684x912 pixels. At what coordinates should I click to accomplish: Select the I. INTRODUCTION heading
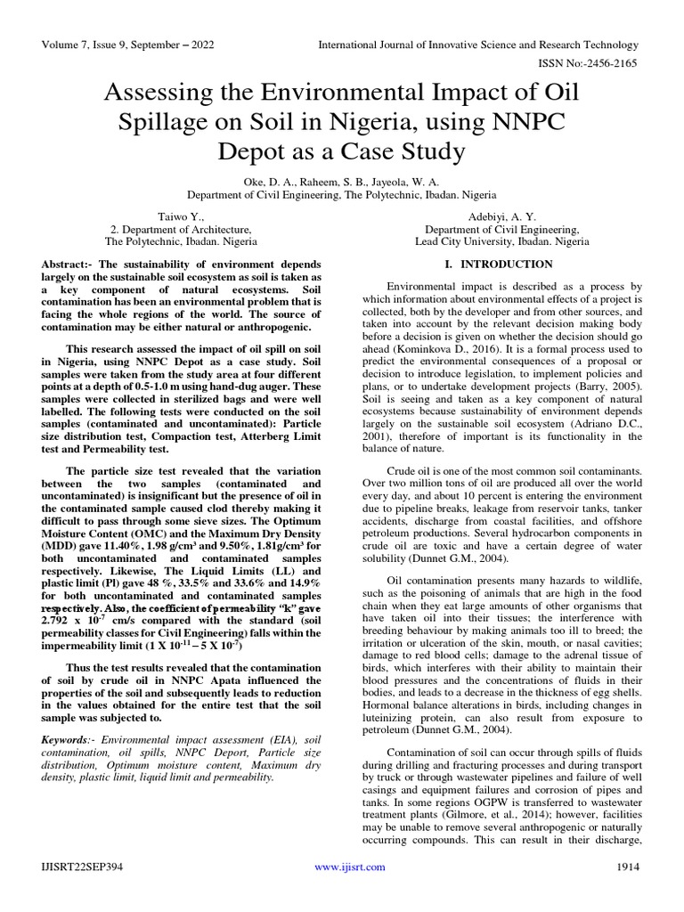click(499, 265)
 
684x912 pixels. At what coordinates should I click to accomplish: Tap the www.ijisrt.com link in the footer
click(342, 867)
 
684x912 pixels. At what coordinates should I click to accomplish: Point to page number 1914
click(627, 867)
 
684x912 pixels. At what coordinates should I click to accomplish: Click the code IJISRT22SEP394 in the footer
click(84, 867)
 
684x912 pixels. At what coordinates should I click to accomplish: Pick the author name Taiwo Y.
click(181, 216)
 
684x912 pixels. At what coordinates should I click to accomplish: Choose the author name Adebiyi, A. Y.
click(501, 216)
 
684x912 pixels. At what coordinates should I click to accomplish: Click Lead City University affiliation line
click(501, 240)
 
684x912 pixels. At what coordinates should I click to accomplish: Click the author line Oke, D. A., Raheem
click(341, 181)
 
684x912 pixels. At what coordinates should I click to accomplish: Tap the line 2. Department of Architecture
click(181, 228)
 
